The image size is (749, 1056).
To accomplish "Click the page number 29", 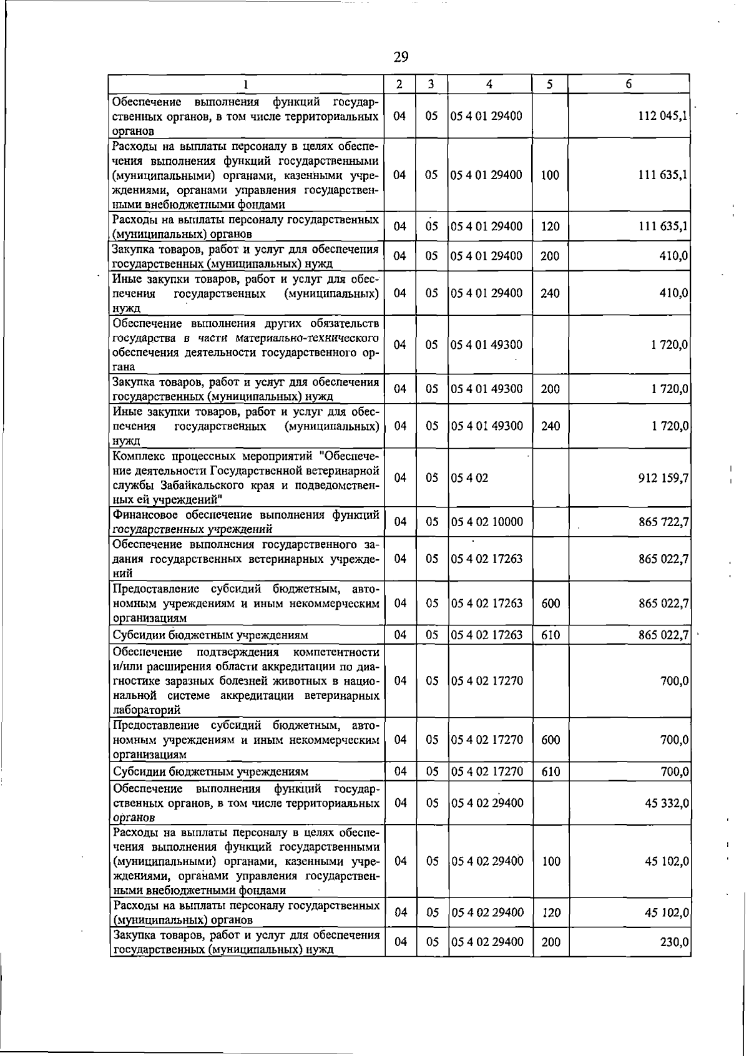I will (401, 57).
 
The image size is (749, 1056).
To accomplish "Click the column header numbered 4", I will (490, 84).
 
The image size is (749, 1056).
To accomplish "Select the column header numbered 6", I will (629, 84).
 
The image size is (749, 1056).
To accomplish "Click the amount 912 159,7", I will (663, 478).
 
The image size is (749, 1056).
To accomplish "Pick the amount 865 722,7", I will (663, 522).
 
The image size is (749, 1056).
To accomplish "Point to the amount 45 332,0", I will (667, 803).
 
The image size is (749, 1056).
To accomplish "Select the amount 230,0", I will (674, 942).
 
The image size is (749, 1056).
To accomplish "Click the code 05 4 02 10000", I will (487, 522).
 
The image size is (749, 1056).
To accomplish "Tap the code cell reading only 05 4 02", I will (469, 478).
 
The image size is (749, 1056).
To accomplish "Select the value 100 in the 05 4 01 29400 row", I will (550, 175).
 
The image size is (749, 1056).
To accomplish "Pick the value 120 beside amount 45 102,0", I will (551, 913).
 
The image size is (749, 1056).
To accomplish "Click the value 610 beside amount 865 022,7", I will (551, 635).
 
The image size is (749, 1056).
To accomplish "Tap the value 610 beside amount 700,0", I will (551, 772).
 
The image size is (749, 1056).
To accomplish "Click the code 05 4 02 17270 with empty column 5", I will (487, 681).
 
